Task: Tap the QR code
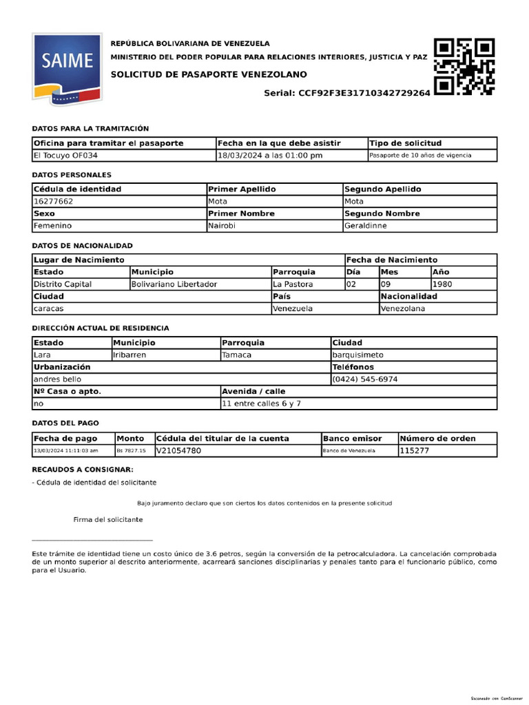pyautogui.click(x=464, y=67)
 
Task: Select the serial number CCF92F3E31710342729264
pyautogui.click(x=364, y=93)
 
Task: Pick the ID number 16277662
pyautogui.click(x=53, y=202)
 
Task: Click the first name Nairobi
pyautogui.click(x=222, y=226)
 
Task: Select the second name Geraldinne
pyautogui.click(x=365, y=226)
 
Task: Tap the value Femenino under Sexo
pyautogui.click(x=52, y=226)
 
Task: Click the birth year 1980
pyautogui.click(x=442, y=284)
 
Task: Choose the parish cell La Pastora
pyautogui.click(x=293, y=284)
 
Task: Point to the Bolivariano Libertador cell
pyautogui.click(x=174, y=284)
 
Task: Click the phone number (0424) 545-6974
pyautogui.click(x=364, y=379)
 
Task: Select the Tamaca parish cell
pyautogui.click(x=236, y=355)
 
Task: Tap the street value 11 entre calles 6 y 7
pyautogui.click(x=261, y=403)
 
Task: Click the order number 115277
pyautogui.click(x=415, y=450)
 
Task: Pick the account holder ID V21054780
pyautogui.click(x=178, y=450)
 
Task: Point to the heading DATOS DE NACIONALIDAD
pyautogui.click(x=83, y=246)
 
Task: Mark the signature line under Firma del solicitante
pyautogui.click(x=92, y=540)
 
